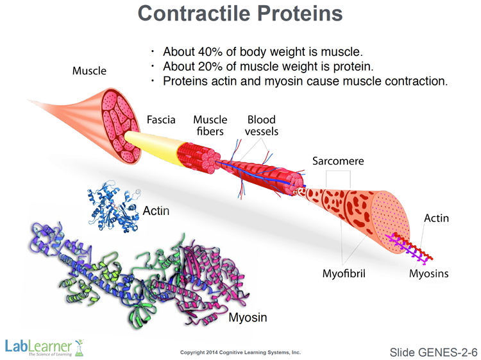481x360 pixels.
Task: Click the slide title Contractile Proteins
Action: click(240, 14)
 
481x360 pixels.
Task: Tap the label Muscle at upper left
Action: click(89, 71)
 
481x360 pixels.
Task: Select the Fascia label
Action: click(161, 120)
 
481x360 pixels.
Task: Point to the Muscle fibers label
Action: click(210, 125)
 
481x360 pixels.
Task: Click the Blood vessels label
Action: click(261, 125)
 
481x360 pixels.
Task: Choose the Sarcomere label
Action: click(338, 161)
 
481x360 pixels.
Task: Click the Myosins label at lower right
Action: click(428, 275)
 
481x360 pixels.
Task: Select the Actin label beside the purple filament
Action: click(436, 218)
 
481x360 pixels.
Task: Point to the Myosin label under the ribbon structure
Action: click(248, 317)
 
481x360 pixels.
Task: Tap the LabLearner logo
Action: click(45, 347)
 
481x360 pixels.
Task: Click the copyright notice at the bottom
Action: click(240, 352)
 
